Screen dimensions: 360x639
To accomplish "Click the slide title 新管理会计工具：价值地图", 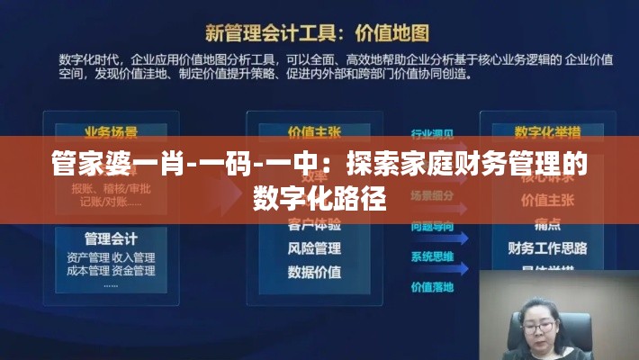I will (x=319, y=33).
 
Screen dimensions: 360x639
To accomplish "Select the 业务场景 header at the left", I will (x=111, y=132).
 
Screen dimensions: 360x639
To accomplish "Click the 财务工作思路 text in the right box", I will (x=547, y=247).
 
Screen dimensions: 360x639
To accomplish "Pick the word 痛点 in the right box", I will (x=547, y=224).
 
